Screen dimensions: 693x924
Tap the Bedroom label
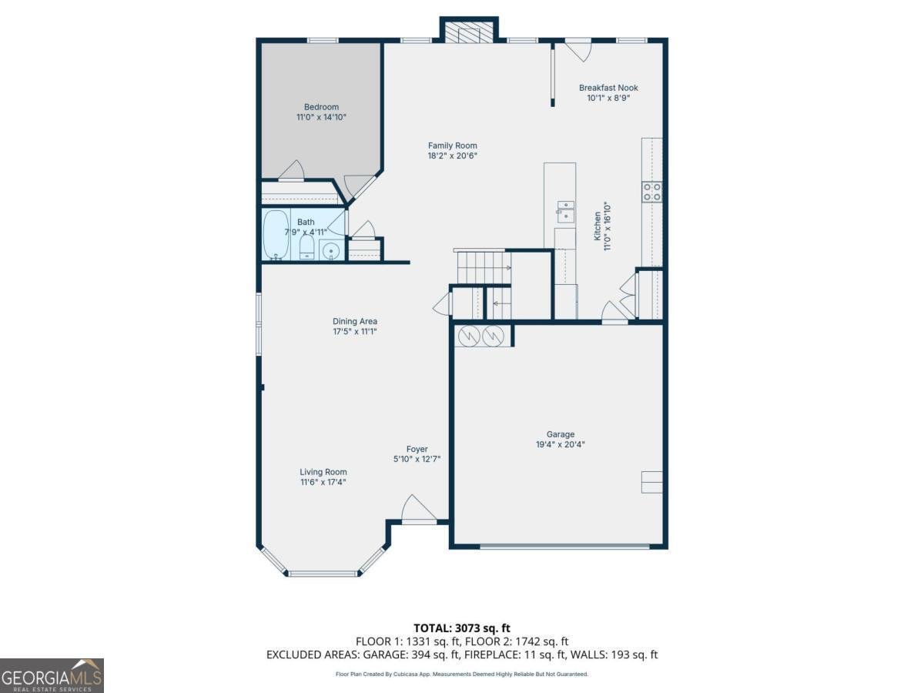321,107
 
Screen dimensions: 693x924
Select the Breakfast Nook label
608,88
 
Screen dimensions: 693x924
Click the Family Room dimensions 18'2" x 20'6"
453,156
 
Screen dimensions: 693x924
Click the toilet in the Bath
306,248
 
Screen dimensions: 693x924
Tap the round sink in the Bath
331,250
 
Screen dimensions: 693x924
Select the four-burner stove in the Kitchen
652,192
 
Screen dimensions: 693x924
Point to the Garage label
561,434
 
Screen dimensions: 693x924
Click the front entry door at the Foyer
419,511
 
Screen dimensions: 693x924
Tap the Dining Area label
355,321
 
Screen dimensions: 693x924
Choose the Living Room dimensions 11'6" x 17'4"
323,482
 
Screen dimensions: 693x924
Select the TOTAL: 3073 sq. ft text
461,628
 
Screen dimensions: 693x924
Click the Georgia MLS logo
52,675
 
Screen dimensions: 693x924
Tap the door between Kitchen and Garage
614,313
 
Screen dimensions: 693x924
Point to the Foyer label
417,449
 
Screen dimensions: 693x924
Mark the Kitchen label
597,227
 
